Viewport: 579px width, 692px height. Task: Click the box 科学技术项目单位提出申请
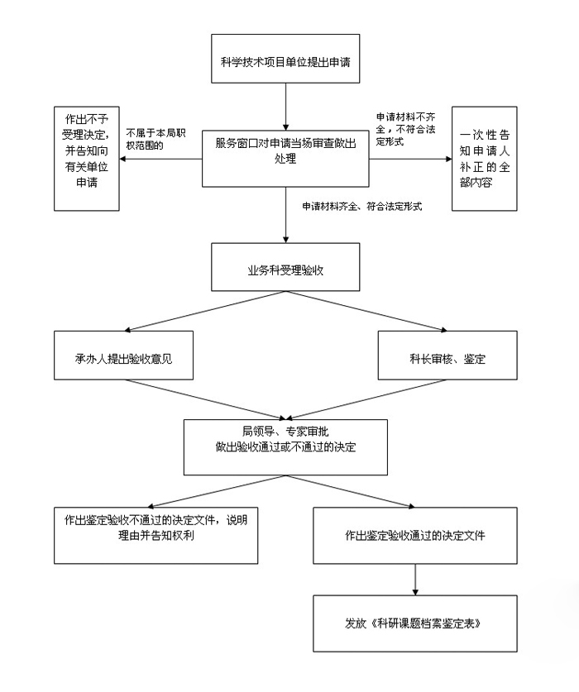pos(285,59)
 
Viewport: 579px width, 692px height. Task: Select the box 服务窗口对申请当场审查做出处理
pos(285,159)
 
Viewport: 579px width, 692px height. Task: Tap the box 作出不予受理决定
pos(87,159)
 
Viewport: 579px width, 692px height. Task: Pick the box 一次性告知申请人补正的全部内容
pos(485,159)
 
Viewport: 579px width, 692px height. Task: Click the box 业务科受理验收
pos(285,267)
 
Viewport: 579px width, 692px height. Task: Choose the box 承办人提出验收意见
pos(124,356)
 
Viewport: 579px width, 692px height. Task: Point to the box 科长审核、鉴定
pos(447,356)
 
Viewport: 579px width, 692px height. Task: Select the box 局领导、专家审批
pos(285,447)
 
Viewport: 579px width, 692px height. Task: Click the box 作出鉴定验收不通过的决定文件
pos(156,536)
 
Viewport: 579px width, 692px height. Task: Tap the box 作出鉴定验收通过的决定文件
pos(415,536)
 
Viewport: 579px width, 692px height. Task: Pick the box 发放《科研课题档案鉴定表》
pos(415,623)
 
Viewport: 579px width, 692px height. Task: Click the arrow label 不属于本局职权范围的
pos(156,139)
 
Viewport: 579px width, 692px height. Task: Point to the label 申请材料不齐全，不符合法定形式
pos(405,129)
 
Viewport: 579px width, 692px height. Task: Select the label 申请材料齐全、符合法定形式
pos(362,206)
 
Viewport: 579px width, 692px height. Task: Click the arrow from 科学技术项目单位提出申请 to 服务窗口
pos(285,107)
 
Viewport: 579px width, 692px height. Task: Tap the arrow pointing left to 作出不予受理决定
pos(160,159)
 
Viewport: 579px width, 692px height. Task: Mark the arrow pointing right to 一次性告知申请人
pos(410,159)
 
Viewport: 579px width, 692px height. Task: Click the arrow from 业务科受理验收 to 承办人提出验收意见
pos(205,311)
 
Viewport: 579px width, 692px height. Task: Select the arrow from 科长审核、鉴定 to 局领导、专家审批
pos(366,399)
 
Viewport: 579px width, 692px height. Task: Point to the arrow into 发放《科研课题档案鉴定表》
pos(415,580)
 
